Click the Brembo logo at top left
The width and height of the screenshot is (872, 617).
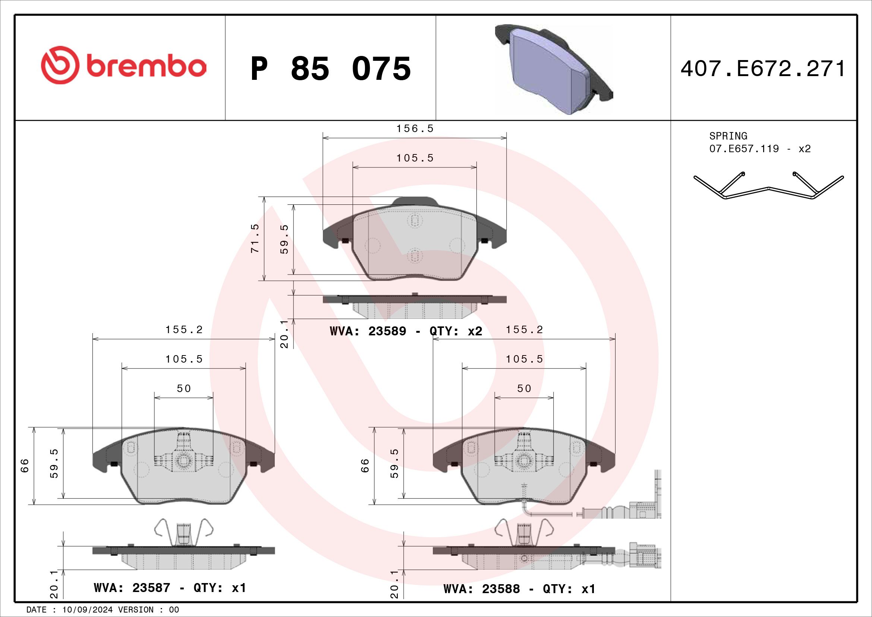[x=123, y=65]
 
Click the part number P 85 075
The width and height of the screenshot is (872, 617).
[x=330, y=69]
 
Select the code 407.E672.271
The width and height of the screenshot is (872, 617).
[x=763, y=69]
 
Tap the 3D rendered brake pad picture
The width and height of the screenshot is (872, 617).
[x=554, y=69]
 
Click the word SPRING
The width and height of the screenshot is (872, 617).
[x=728, y=136]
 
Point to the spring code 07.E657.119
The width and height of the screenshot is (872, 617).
[x=744, y=148]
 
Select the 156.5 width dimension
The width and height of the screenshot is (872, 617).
[x=415, y=129]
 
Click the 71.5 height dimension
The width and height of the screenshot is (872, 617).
[x=255, y=238]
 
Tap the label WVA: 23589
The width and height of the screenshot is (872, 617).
[x=368, y=331]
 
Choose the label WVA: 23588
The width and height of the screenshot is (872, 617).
[x=482, y=589]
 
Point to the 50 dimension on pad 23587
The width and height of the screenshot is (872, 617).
[x=184, y=388]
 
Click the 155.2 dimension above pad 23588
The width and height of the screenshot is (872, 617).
[x=524, y=330]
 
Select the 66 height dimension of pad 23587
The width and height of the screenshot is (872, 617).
[x=25, y=465]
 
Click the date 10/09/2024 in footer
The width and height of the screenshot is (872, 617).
[x=87, y=610]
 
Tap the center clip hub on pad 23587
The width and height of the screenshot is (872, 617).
[x=184, y=460]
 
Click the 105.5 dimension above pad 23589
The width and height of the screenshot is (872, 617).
[x=415, y=158]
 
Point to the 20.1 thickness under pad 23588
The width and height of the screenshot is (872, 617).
[x=394, y=584]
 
